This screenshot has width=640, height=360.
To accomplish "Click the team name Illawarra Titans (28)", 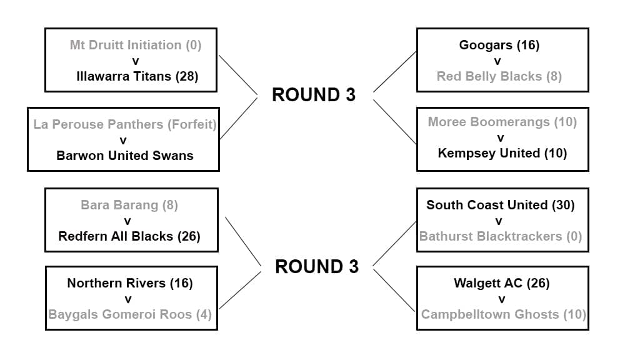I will coord(137,76).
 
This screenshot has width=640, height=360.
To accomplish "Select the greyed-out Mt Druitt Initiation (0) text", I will coord(136,45).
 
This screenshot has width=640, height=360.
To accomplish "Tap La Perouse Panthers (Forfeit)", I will coord(125,124).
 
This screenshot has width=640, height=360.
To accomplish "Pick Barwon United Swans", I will coord(125,156).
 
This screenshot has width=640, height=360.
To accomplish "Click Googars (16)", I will coord(499,45).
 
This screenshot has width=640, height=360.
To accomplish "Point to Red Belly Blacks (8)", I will coord(499,76).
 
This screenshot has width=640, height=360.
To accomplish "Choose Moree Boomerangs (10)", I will coord(502,122).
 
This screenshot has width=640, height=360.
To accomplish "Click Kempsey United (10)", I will coord(502,153).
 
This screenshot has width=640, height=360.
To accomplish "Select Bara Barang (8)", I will coord(129,205).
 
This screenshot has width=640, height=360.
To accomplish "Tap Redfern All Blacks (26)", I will coord(129,236).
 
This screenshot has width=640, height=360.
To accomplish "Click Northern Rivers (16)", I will coord(130,283).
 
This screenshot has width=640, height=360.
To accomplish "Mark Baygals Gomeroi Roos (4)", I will coord(130,314).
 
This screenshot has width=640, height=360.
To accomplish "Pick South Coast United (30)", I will coord(500,205).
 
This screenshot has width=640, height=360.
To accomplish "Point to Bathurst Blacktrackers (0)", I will coord(500,236).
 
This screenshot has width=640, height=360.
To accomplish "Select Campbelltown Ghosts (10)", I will coord(503,314).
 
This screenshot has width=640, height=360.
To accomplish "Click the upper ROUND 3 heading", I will coord(314,94).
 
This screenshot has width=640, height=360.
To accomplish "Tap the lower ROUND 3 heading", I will coord(317,267).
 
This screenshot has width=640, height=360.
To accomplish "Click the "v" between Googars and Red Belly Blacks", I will coord(498,61).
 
